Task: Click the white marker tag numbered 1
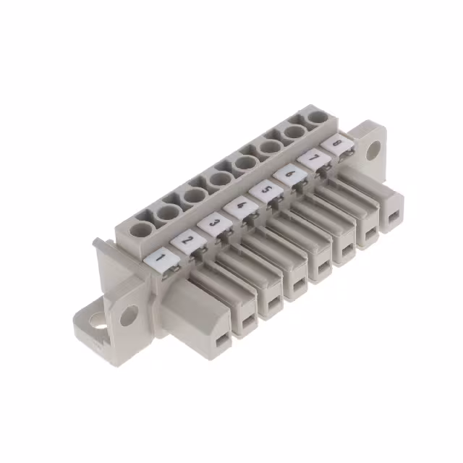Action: point(162,259)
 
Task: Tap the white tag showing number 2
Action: point(187,242)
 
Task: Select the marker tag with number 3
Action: point(213,224)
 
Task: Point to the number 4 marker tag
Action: point(239,206)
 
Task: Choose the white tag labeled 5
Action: point(266,190)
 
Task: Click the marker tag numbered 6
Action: point(289,174)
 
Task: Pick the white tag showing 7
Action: point(313,158)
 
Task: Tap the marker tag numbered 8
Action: point(337,143)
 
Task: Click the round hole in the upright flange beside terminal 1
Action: point(129,315)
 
